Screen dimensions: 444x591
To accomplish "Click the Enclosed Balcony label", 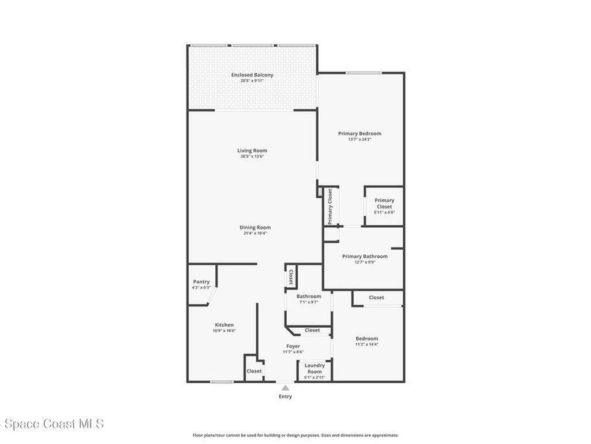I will pos(252,75).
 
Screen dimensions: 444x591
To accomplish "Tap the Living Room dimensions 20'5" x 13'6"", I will pos(252,157).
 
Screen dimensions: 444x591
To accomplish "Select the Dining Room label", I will pos(255,227).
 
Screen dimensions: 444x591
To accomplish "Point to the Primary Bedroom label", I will pos(360,134).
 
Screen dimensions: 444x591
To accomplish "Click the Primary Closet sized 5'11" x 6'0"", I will pos(384,206).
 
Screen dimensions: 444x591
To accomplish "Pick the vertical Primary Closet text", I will pos(330,206).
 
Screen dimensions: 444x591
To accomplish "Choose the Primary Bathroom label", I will pos(365,256).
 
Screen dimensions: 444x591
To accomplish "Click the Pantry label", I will pos(201,282).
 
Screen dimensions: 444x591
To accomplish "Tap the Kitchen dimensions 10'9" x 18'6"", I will pos(224,331).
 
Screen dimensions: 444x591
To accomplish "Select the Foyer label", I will pos(293,346).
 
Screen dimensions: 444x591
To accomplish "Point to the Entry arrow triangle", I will pos(285,388).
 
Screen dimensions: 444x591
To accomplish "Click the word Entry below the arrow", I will pos(285,397).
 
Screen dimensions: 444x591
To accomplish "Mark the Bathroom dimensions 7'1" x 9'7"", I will pos(309,302).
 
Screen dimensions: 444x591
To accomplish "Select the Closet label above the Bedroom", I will pos(376,298).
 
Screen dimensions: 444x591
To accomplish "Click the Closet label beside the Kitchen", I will pos(254,371).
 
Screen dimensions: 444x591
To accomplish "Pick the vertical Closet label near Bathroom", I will pos(290,278).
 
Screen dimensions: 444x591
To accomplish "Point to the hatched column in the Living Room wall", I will pos(319,191).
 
